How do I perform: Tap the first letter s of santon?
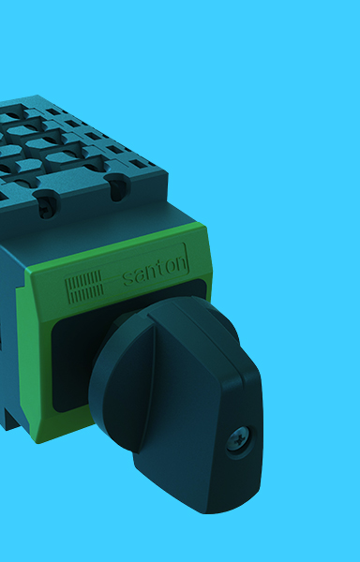click(x=128, y=279)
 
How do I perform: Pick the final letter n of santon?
click(x=182, y=264)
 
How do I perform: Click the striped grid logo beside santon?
click(x=84, y=287)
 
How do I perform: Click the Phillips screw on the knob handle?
click(x=239, y=439)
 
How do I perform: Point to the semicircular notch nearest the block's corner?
click(x=117, y=187)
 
